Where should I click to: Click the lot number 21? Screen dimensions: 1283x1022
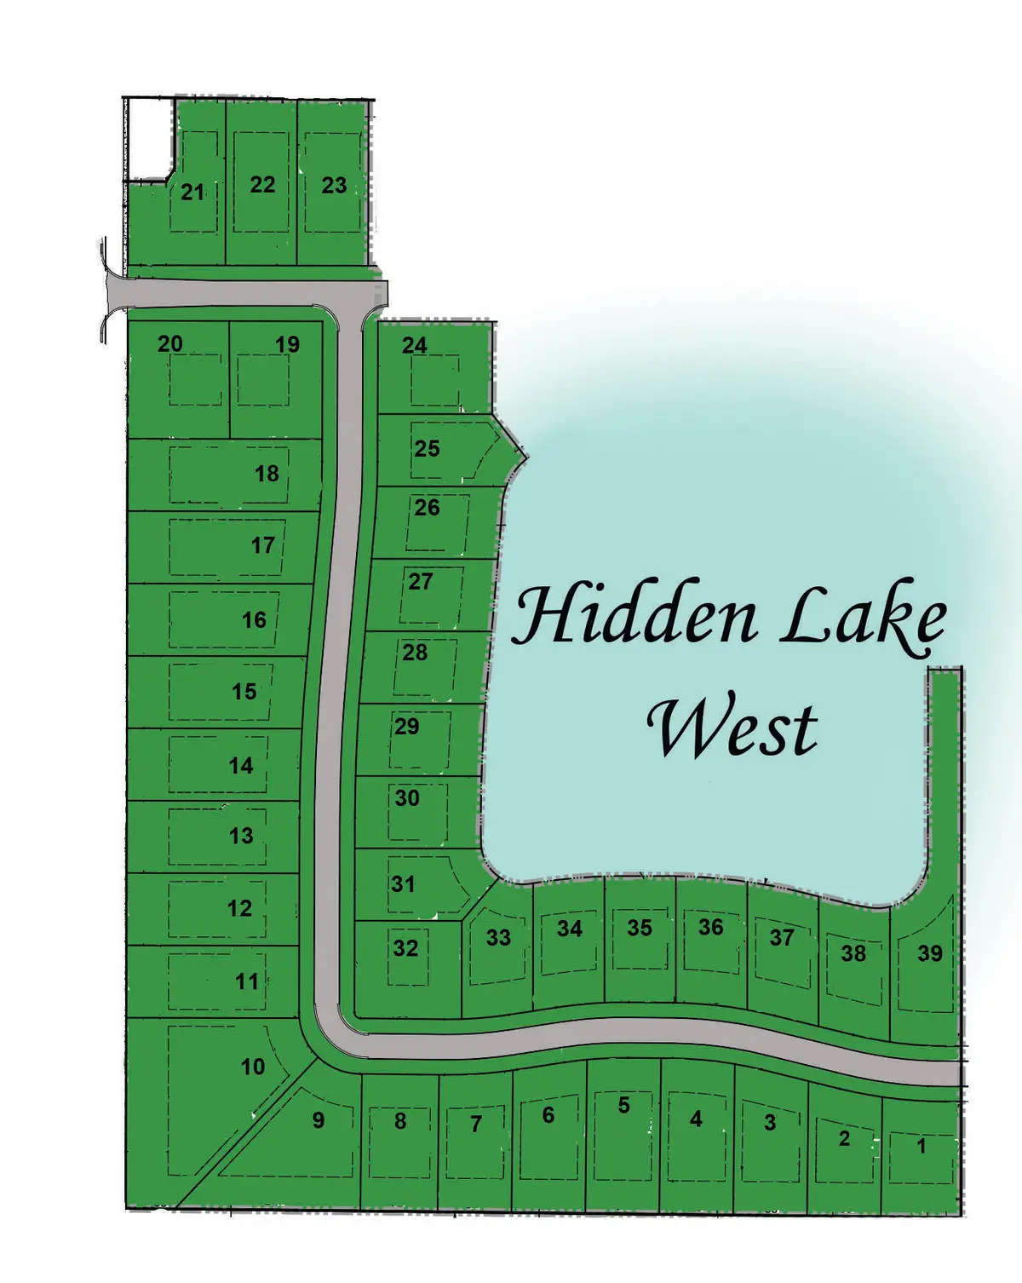192,192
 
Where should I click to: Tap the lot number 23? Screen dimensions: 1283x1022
334,185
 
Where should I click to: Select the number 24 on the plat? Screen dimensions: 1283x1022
415,345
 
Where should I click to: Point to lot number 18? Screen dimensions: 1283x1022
267,474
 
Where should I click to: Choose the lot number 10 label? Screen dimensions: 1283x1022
253,1066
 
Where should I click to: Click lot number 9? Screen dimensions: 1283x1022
319,1119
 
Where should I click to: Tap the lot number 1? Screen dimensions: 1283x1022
921,1146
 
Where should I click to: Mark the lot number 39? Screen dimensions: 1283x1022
930,953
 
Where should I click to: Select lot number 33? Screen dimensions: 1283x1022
498,938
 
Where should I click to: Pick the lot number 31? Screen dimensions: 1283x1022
403,883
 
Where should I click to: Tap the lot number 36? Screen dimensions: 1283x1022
711,927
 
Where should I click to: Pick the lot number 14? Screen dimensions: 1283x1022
241,765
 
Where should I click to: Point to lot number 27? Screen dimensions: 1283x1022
421,581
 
